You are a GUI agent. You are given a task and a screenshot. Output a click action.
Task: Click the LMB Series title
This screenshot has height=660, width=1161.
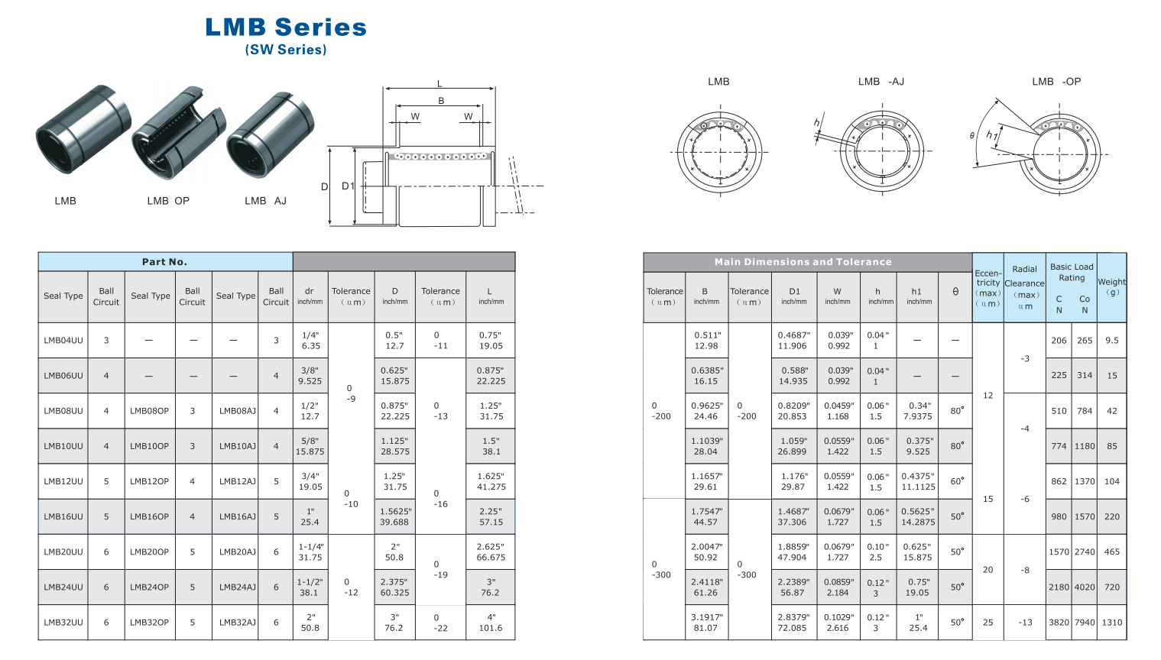[x=286, y=27]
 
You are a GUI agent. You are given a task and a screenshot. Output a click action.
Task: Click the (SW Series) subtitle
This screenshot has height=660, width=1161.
[x=286, y=50]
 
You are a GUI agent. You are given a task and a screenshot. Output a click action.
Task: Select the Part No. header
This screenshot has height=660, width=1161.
[x=164, y=262]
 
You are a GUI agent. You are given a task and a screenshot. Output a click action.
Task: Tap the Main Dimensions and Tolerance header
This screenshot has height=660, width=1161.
[x=803, y=262]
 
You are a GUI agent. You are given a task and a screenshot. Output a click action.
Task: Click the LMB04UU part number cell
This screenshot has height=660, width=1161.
[x=63, y=341]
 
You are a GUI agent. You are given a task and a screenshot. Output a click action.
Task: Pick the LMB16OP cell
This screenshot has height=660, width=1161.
[x=149, y=516]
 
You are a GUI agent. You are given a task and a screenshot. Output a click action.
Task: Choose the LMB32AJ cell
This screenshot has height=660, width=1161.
[x=237, y=623]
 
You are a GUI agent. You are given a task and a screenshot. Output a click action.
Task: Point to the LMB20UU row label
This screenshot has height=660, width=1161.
[x=63, y=552]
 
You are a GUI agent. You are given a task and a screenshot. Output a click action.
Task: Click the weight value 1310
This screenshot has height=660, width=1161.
[x=1111, y=623]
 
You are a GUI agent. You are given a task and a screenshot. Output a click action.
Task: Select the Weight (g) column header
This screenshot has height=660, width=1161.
[x=1111, y=286]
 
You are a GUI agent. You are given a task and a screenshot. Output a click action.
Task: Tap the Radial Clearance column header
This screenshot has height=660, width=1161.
[x=1024, y=286]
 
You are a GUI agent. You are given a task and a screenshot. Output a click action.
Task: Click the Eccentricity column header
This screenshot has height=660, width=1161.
[x=987, y=287]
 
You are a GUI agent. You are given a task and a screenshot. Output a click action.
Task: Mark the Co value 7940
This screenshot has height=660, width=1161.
[x=1085, y=623]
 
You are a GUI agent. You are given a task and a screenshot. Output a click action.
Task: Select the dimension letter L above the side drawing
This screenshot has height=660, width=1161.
[x=439, y=84]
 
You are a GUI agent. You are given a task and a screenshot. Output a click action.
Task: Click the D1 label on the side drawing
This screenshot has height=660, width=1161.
[x=348, y=186]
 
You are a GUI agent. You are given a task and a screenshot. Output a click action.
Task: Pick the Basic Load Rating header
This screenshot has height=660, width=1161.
[x=1072, y=272]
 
